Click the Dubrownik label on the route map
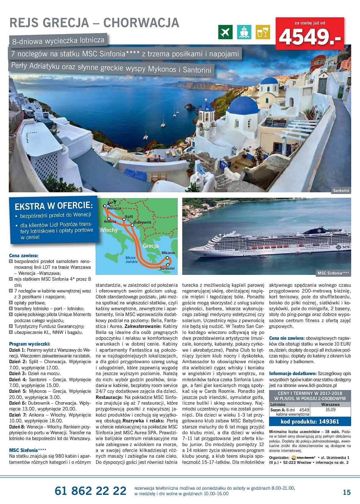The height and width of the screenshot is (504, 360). click(x=142, y=222)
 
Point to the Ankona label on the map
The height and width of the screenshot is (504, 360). click(x=110, y=221)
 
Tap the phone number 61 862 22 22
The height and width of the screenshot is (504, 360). click(x=90, y=491)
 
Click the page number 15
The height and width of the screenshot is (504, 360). click(x=346, y=492)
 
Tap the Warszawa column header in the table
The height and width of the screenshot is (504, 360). click(x=331, y=404)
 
